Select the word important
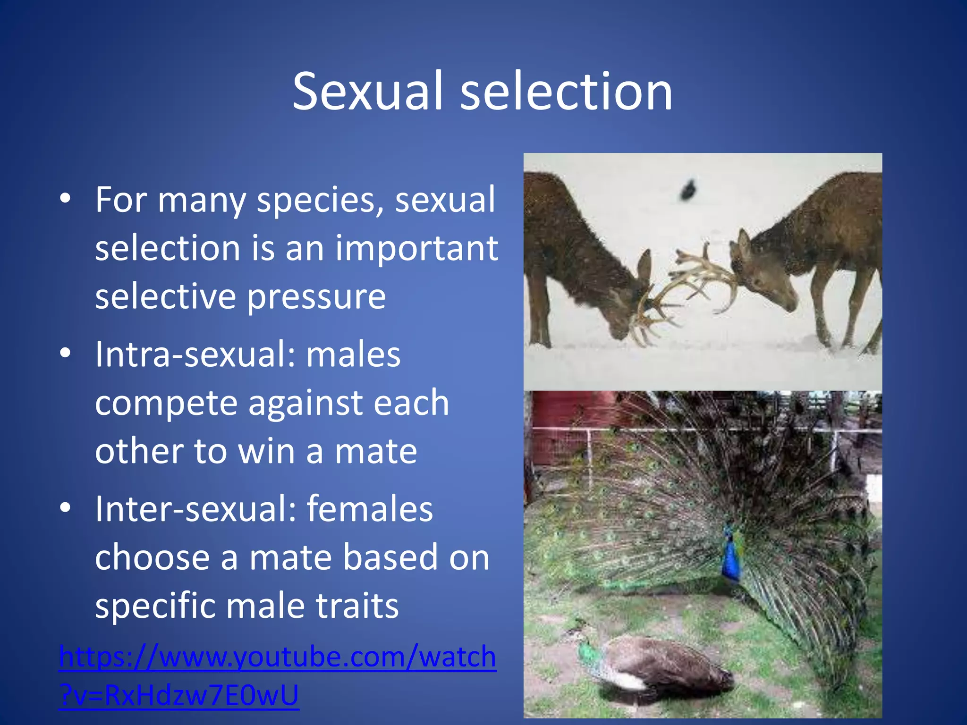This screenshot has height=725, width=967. coord(416,248)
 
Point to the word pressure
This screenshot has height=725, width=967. coord(316,297)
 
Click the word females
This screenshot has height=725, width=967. coord(369,509)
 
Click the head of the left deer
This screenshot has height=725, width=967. coord(633,312)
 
